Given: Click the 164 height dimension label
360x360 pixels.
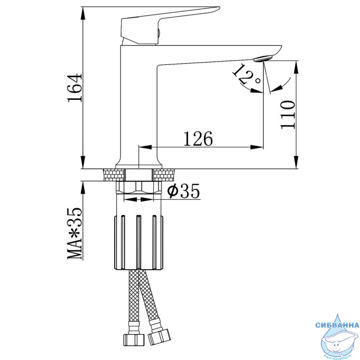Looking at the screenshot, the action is pyautogui.click(x=75, y=88).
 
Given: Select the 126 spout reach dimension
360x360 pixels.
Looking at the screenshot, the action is pyautogui.click(x=198, y=139).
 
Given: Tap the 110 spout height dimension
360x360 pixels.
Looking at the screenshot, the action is pyautogui.click(x=288, y=115).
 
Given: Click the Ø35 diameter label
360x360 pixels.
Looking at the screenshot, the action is pyautogui.click(x=183, y=191).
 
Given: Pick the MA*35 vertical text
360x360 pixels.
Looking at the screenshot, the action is pyautogui.click(x=75, y=234).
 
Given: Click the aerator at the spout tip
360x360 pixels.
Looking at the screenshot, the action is pyautogui.click(x=263, y=58).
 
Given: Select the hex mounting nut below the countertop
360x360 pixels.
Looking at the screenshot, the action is pyautogui.click(x=139, y=187).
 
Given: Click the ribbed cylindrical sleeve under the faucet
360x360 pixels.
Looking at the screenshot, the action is pyautogui.click(x=139, y=242).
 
